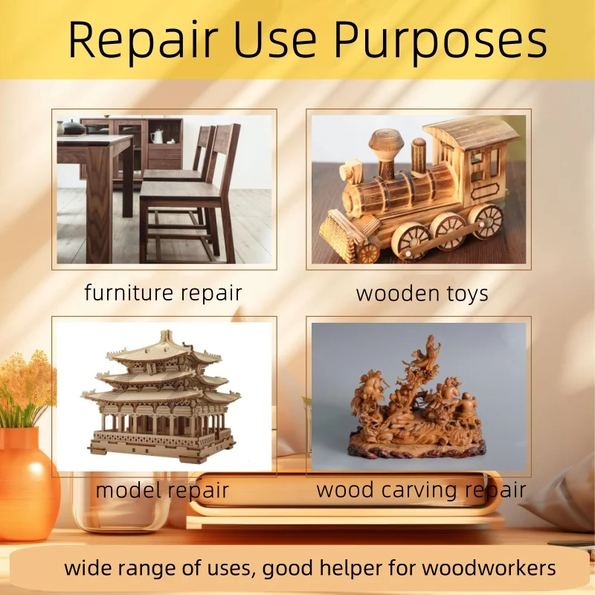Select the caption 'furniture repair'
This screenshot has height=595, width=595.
pos(164,292)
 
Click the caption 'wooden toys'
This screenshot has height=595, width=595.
pos(422,293)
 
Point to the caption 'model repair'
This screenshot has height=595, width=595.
pos(162,490)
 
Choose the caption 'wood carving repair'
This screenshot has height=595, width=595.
pos(421,490)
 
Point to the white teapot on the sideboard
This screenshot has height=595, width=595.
pos(158,136)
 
